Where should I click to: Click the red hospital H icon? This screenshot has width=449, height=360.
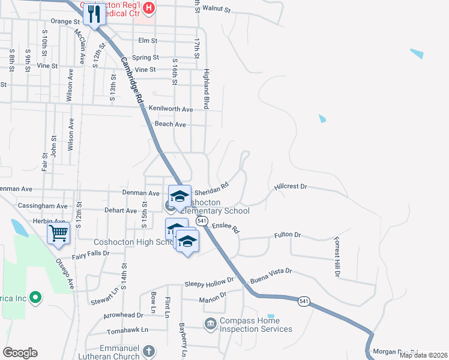coord(149,8)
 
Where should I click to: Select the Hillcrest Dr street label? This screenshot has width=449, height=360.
coord(291,187)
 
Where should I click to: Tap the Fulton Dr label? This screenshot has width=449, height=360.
coord(288,235)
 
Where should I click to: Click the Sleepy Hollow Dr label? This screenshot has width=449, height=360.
coord(209,281)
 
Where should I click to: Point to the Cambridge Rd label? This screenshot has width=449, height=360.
coord(131,80)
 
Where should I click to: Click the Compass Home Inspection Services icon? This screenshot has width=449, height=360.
coord(210,325)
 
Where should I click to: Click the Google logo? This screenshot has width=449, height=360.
coord(19,352)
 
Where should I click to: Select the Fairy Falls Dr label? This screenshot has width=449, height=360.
coord(90,253)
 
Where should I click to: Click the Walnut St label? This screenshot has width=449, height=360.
coord(216,10)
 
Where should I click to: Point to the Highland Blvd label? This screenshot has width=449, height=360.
coord(206,90)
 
